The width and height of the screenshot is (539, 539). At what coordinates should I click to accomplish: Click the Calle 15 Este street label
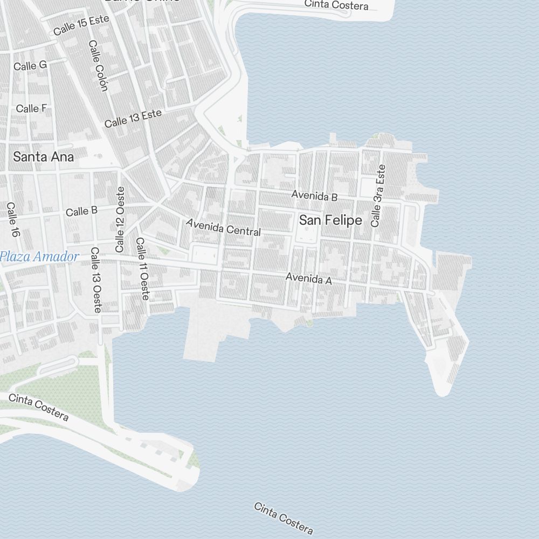pos(81,25)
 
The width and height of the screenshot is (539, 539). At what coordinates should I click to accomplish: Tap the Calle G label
pos(30,66)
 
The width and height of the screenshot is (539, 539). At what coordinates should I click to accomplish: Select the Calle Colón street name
pos(99,65)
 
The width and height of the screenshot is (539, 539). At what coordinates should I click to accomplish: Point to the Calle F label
pos(31,108)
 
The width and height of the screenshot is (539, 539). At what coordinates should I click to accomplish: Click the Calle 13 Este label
pos(133,119)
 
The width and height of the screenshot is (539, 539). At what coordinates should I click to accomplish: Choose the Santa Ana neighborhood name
pos(43,157)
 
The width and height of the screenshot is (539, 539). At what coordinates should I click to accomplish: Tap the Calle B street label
pos(81,211)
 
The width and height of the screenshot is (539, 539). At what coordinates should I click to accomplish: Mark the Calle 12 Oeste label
pos(120,219)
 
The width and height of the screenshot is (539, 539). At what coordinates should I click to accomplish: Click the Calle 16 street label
pos(12,220)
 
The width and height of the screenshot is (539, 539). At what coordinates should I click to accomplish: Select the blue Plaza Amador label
pos(39,257)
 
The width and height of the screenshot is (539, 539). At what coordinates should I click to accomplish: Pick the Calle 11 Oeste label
pos(143,268)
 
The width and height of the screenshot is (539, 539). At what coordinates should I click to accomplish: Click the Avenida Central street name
pos(223,227)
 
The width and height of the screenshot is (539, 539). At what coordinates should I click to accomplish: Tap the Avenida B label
pos(314,196)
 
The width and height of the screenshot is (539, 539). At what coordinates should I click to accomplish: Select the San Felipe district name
pos(330,220)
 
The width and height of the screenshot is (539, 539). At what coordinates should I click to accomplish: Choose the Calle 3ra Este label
pos(378,195)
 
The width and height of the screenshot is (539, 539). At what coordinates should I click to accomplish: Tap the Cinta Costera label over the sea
pos(284,518)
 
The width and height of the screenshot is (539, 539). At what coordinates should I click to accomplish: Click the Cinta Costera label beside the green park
pos(39,407)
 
